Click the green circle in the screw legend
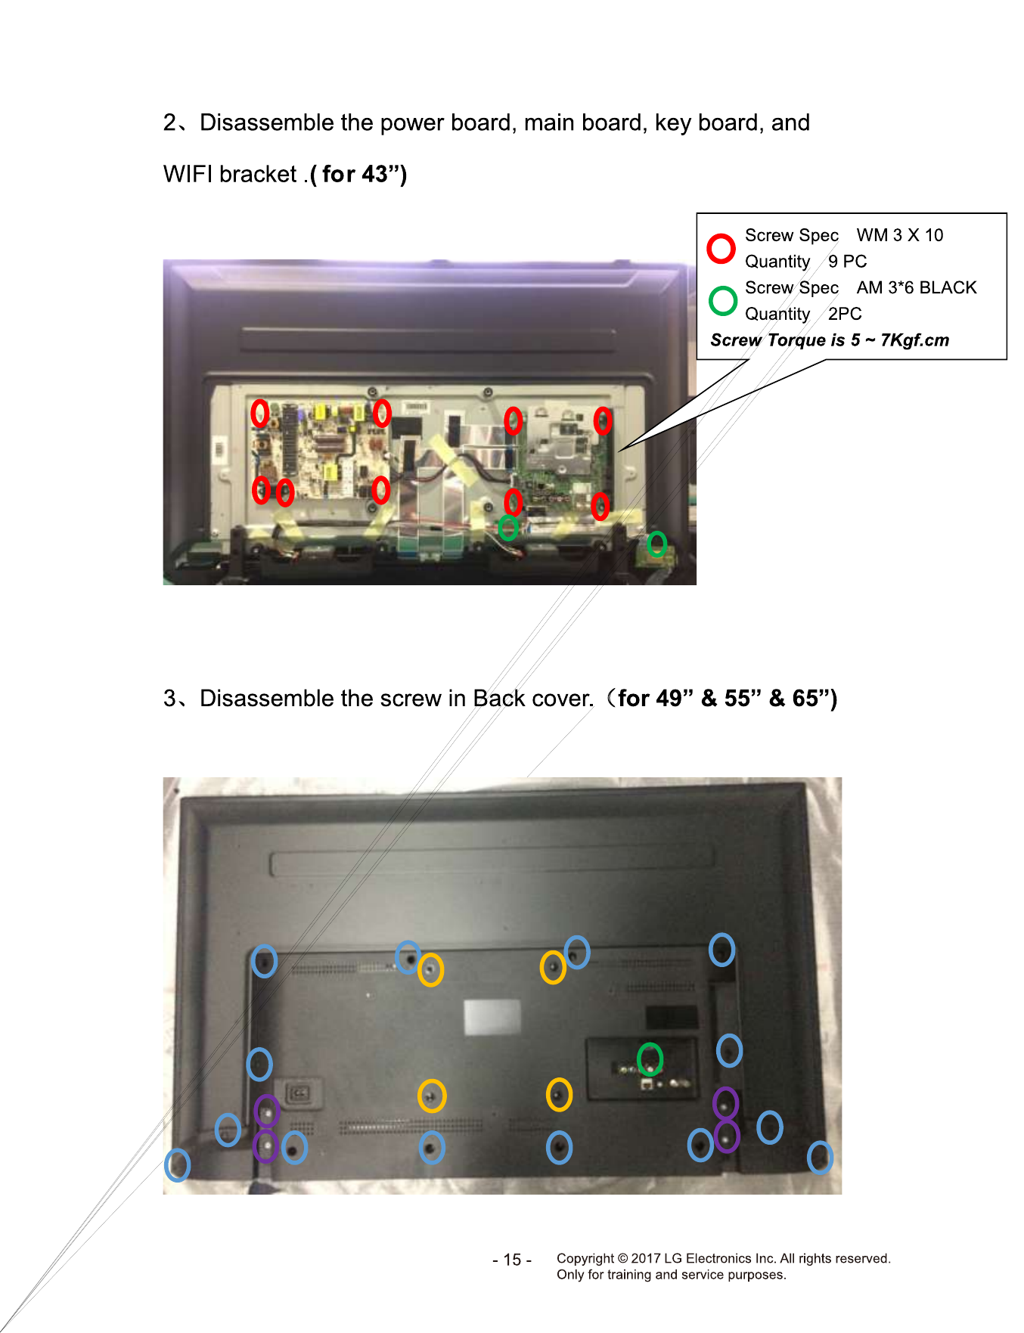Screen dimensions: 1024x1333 coord(711,300)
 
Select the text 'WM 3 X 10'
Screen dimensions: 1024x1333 coord(899,235)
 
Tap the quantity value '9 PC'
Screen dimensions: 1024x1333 coord(847,262)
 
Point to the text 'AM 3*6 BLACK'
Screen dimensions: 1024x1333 coord(917,287)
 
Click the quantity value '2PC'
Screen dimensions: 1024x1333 coord(845,314)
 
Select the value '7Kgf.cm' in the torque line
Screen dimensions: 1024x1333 coord(914,340)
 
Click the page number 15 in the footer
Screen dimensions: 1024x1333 coord(512,1260)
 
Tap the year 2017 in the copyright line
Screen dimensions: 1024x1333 coord(646,1258)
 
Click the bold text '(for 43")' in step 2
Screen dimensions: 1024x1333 coord(358,175)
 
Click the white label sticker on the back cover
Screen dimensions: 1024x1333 coord(492,1017)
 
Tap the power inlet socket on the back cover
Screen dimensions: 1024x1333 coord(299,1093)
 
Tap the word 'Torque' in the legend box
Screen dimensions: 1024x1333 coord(794,340)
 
